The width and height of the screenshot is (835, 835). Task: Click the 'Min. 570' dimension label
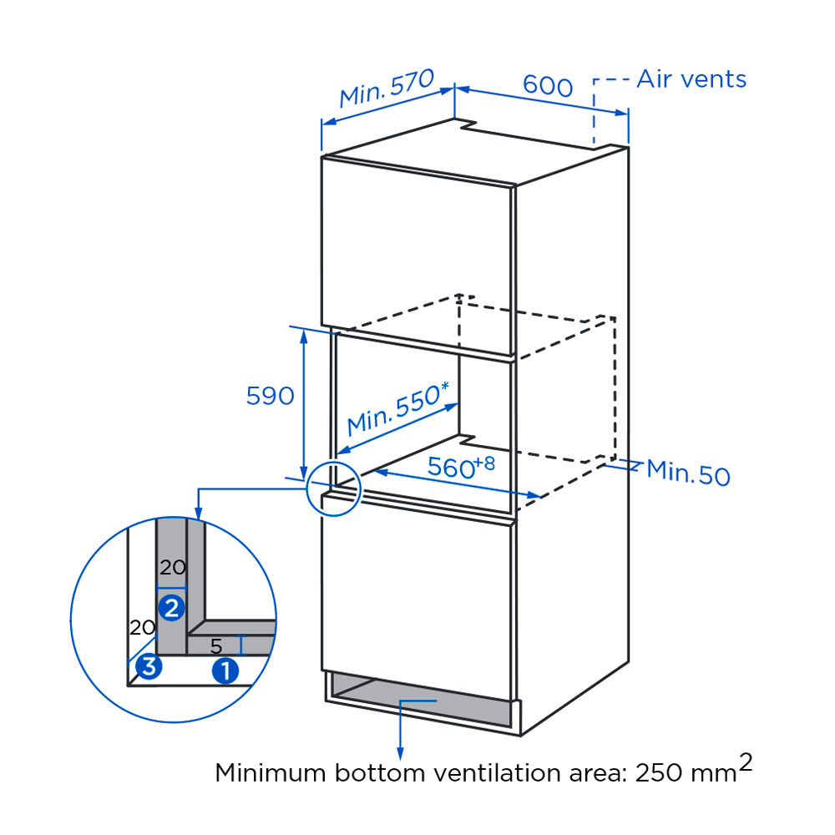click(387, 89)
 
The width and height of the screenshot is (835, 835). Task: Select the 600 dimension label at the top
click(548, 85)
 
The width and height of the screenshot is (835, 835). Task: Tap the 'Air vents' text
click(691, 79)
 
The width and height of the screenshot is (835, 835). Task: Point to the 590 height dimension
click(270, 395)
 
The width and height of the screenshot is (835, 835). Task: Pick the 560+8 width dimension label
click(461, 467)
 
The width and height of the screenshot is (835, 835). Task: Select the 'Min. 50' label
click(688, 473)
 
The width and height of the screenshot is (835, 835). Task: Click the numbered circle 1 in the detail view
click(225, 670)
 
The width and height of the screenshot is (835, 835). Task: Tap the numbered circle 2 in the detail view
click(172, 608)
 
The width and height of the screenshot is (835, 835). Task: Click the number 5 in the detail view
click(216, 646)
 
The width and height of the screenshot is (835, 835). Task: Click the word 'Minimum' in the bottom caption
click(269, 772)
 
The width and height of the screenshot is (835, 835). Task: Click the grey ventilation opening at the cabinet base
click(417, 700)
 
